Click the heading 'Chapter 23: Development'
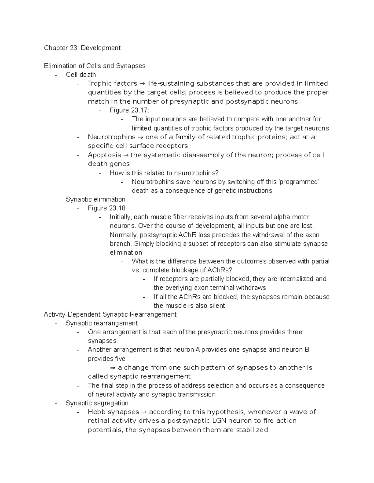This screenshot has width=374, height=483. [82, 48]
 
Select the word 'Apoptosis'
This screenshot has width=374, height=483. [104, 155]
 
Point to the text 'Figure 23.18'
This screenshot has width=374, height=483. [107, 208]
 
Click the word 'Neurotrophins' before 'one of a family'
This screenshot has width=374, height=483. [112, 137]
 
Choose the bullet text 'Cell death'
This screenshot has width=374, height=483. [81, 75]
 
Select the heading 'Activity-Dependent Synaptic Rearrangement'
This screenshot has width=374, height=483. [110, 314]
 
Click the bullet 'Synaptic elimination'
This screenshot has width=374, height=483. [95, 199]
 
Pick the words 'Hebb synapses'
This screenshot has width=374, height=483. [113, 412]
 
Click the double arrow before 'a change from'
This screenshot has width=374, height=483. [113, 368]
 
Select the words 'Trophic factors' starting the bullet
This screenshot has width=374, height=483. [112, 84]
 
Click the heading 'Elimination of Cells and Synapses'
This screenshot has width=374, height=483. [94, 66]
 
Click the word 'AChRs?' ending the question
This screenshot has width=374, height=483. [222, 270]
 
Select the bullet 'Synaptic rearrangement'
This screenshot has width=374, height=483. [102, 323]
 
